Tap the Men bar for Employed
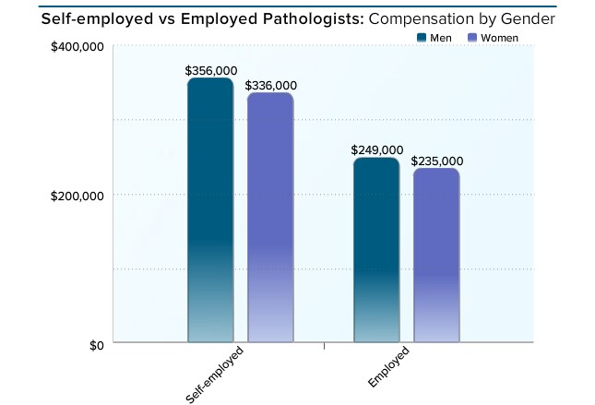coord(376,250)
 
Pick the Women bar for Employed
coord(435,256)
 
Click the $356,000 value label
coord(209,70)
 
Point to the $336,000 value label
coord(271,86)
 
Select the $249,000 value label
coord(377,150)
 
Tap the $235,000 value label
coord(437,161)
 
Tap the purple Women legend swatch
coord(472,38)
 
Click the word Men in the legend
coord(441,38)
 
